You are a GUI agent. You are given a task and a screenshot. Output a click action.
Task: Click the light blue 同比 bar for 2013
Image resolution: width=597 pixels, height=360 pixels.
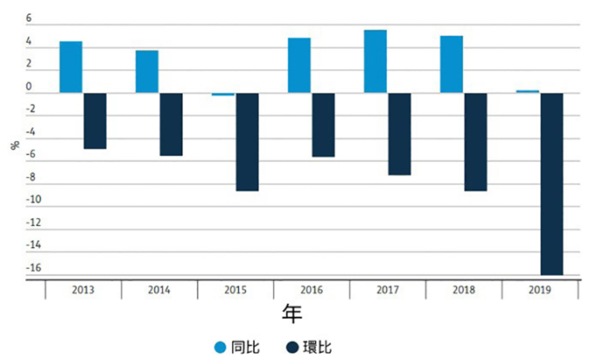pyautogui.click(x=71, y=67)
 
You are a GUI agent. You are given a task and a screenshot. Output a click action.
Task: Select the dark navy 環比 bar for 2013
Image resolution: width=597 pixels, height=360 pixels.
pyautogui.click(x=95, y=121)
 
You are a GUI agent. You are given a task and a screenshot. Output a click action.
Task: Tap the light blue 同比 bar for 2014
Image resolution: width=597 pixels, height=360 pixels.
pyautogui.click(x=147, y=72)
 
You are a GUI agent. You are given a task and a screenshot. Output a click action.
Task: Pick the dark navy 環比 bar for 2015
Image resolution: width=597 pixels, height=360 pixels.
pyautogui.click(x=247, y=142)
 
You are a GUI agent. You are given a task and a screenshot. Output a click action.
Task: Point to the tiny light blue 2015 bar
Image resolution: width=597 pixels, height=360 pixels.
pyautogui.click(x=223, y=94)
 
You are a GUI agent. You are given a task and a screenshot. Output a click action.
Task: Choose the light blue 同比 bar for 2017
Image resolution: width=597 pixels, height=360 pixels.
pyautogui.click(x=376, y=61)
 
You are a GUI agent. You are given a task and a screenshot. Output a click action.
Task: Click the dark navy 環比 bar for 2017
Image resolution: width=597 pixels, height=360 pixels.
pyautogui.click(x=399, y=134)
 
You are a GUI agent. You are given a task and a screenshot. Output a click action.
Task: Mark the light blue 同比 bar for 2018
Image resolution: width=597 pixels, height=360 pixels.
pyautogui.click(x=452, y=65)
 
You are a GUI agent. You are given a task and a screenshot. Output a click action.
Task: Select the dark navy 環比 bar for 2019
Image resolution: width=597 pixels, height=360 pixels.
pyautogui.click(x=551, y=184)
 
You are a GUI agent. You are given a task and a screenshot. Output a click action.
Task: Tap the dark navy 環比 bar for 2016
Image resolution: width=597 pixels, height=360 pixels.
pyautogui.click(x=323, y=125)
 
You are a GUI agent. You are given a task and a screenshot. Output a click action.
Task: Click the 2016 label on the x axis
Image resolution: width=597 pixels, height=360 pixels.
pyautogui.click(x=312, y=290)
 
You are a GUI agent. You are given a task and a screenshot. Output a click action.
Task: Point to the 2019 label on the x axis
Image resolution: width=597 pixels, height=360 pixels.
pyautogui.click(x=540, y=290)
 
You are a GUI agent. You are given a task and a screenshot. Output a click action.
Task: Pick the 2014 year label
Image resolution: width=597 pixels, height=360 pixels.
pyautogui.click(x=159, y=290)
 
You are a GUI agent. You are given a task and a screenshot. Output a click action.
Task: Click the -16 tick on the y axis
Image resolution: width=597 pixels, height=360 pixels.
pyautogui.click(x=33, y=268)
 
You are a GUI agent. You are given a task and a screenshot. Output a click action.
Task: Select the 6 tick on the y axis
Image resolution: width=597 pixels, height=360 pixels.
pyautogui.click(x=29, y=18)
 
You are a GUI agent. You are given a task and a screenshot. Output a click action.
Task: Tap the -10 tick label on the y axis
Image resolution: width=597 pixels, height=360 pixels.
pyautogui.click(x=33, y=200)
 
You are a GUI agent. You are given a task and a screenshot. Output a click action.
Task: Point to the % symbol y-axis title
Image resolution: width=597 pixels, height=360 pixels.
pyautogui.click(x=15, y=145)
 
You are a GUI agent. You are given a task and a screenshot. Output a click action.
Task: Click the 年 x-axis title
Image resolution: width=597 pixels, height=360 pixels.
pyautogui.click(x=292, y=314)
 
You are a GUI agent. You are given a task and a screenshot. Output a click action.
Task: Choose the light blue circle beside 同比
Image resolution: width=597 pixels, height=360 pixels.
pyautogui.click(x=221, y=348)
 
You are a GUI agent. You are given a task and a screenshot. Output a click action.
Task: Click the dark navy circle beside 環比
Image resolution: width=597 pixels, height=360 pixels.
pyautogui.click(x=292, y=348)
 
